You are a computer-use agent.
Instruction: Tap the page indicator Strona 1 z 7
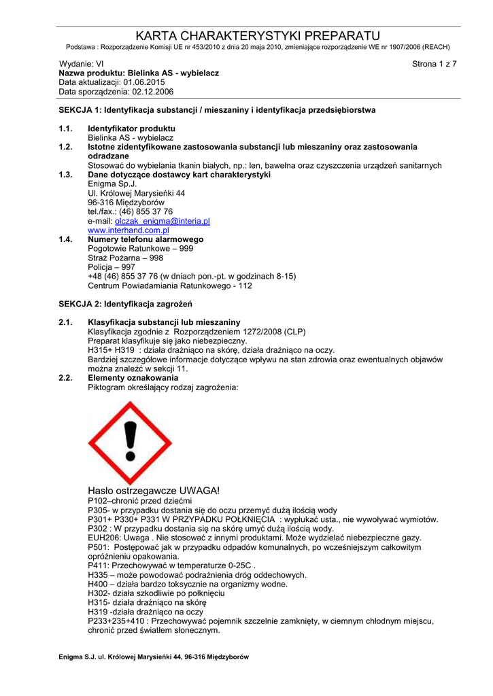(435, 64)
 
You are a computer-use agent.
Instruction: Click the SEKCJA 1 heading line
(217, 109)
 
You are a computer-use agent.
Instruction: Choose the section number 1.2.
(65, 147)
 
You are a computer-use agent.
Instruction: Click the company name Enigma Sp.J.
(113, 184)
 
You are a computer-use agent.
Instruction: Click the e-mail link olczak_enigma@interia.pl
(163, 222)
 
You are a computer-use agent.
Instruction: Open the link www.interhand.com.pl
(129, 230)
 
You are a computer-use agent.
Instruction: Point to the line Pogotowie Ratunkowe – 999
(141, 249)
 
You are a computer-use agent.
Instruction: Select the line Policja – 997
(112, 267)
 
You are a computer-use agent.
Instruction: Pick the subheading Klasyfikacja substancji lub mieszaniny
(164, 321)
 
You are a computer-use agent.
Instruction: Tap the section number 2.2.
(65, 377)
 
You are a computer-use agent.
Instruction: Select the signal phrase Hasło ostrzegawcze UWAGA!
(154, 491)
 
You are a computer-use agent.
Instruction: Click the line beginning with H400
(188, 584)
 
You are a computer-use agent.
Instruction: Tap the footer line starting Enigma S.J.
(154, 657)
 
